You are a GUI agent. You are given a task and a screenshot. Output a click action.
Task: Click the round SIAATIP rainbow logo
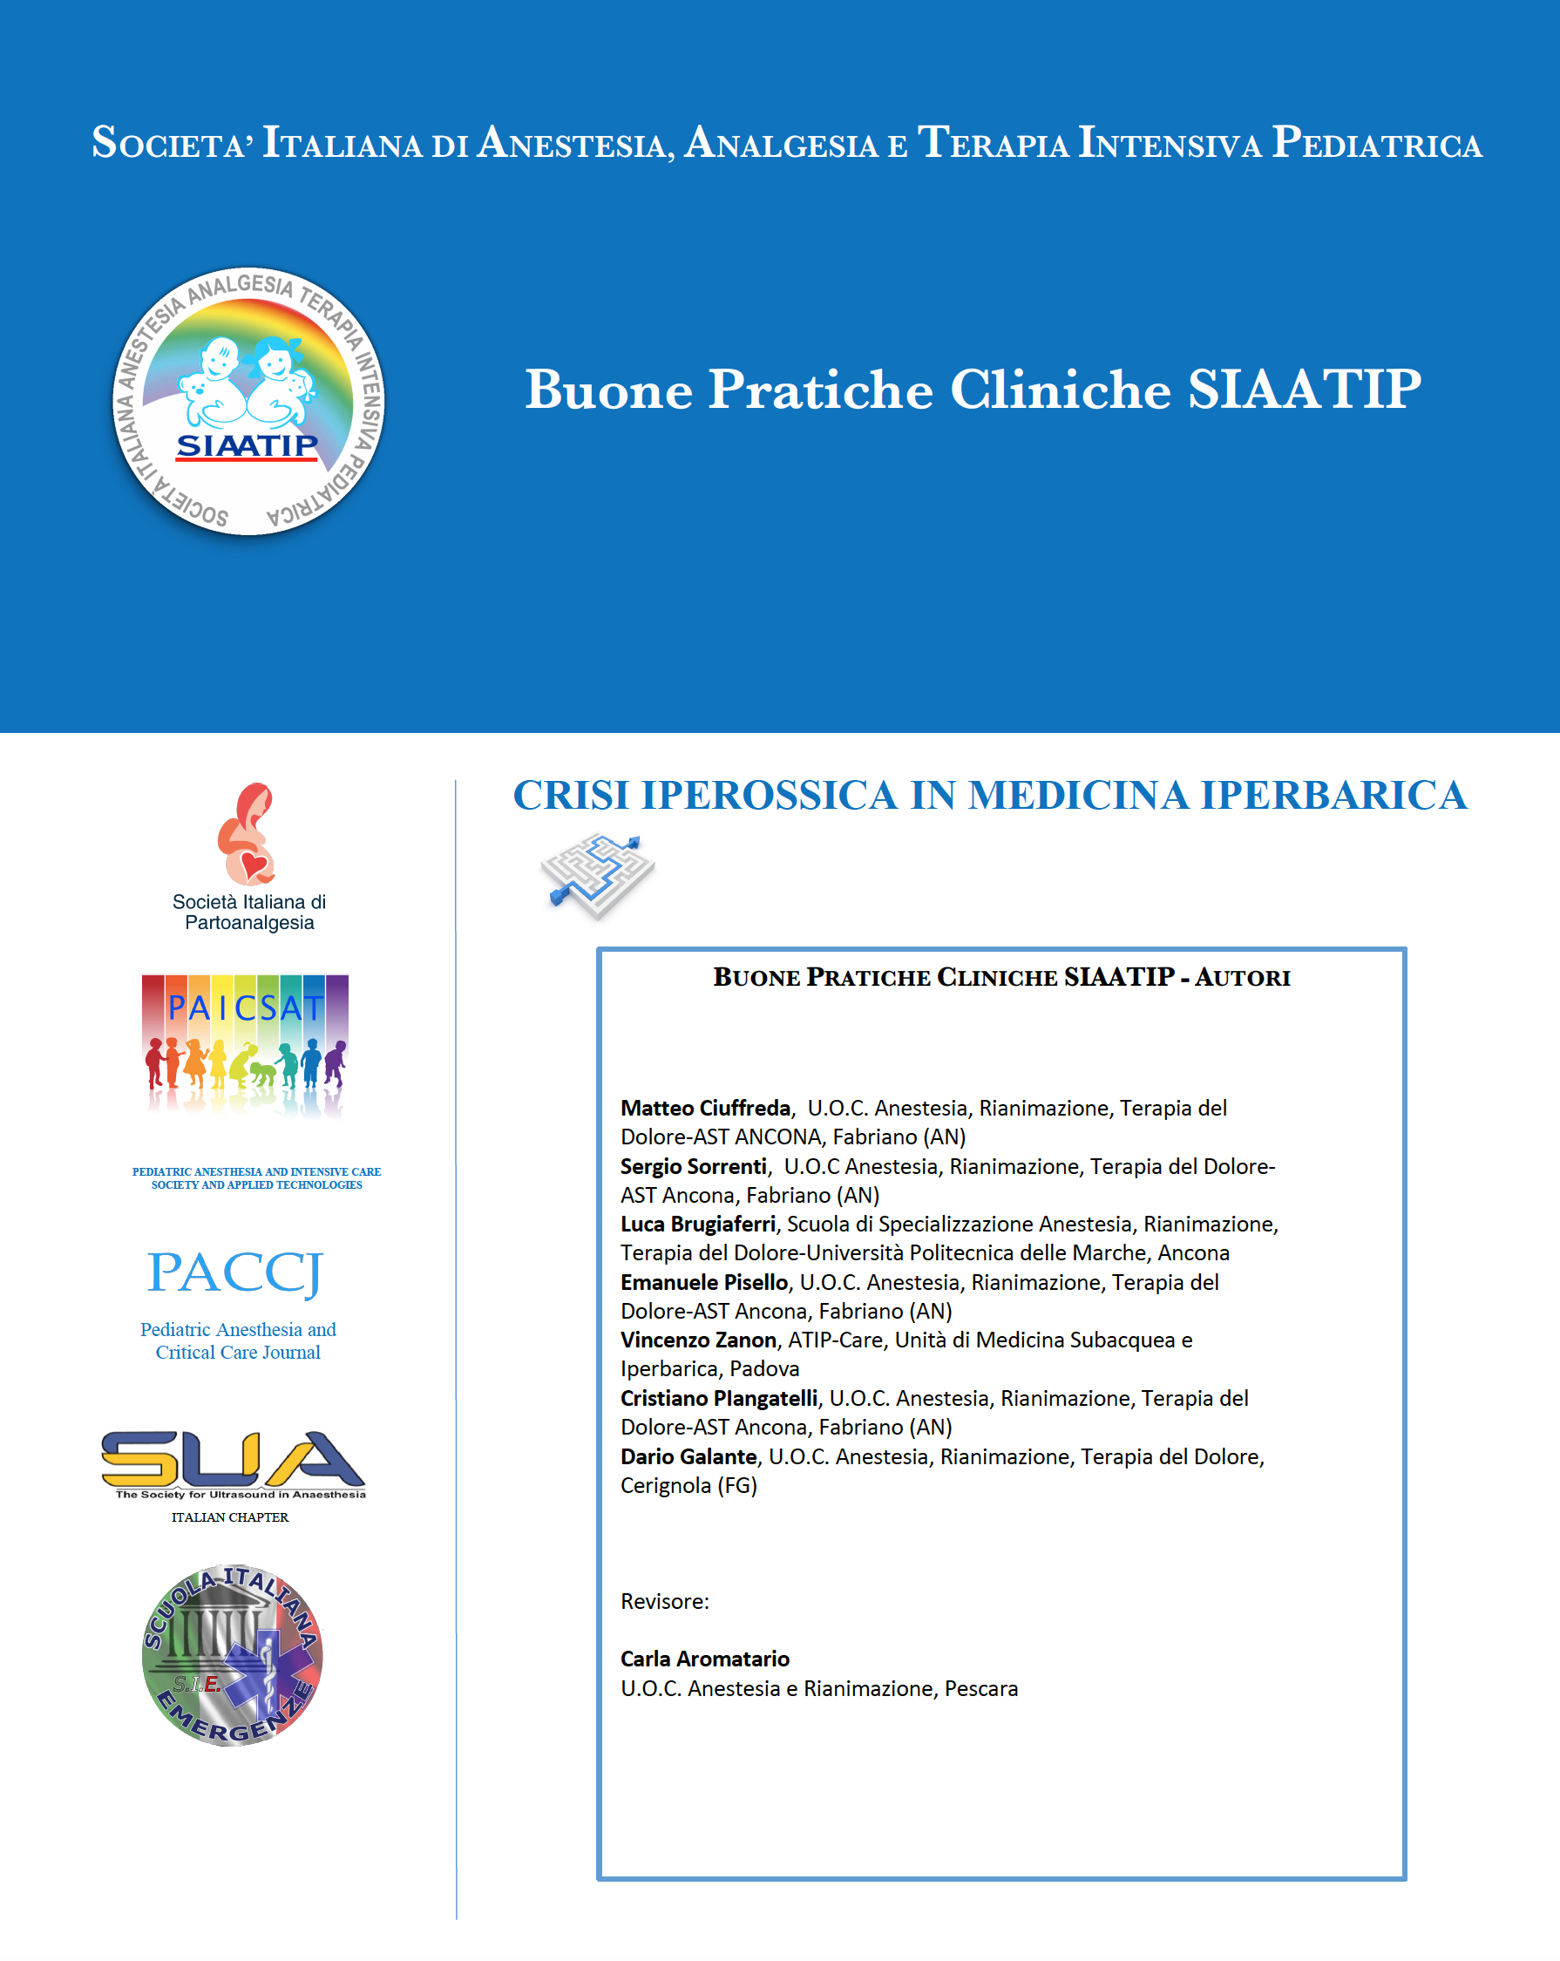pos(248,401)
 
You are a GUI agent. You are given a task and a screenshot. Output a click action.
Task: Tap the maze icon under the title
pos(598,874)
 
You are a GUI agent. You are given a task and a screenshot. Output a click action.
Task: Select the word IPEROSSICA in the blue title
pos(769,796)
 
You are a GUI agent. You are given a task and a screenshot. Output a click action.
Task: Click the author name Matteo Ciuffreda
pos(705,1108)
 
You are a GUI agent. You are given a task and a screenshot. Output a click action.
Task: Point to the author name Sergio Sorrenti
pos(693,1166)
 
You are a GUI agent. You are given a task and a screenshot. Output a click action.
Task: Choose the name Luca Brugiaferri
pos(698,1225)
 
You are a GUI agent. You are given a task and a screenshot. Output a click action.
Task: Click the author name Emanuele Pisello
pos(704,1282)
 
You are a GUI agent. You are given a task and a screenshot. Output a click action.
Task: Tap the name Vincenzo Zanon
pos(698,1340)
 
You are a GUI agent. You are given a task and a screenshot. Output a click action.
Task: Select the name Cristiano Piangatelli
pos(719,1398)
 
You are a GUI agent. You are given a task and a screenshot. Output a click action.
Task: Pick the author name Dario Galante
pos(688,1456)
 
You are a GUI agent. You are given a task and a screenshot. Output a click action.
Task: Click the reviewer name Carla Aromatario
pos(705,1659)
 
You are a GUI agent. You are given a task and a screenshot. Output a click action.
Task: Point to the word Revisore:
pos(664,1601)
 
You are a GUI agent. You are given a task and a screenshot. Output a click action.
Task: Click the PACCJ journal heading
pos(234,1272)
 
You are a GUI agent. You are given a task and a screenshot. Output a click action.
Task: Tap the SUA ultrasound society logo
pos(233,1462)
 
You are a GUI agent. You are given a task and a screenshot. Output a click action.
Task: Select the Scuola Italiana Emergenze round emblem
pos(233,1655)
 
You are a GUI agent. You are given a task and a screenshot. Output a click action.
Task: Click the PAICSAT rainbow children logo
pos(245,1044)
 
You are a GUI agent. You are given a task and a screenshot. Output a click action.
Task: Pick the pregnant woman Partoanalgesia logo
pos(246,834)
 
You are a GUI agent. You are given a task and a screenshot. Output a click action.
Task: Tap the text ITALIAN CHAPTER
pos(229,1517)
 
